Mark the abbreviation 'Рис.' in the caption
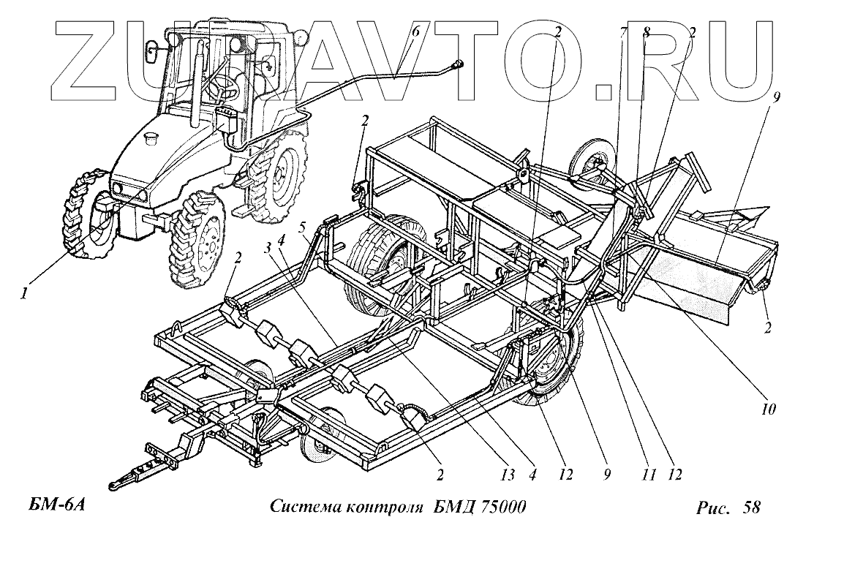point(713,507)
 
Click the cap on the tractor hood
point(153,137)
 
